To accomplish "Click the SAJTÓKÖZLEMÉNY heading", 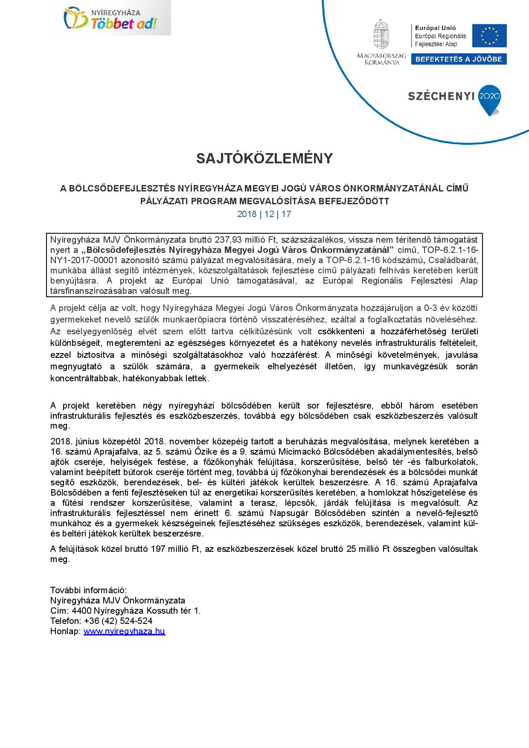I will pyautogui.click(x=264, y=159).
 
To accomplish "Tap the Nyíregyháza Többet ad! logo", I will pyautogui.click(x=111, y=18).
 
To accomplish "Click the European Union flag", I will pyautogui.click(x=489, y=35).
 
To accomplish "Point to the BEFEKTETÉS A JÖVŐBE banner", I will pyautogui.click(x=459, y=59).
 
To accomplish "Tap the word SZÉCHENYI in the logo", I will pyautogui.click(x=441, y=96).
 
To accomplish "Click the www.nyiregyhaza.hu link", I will pyautogui.click(x=124, y=631).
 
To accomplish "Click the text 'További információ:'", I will pyautogui.click(x=88, y=590).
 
